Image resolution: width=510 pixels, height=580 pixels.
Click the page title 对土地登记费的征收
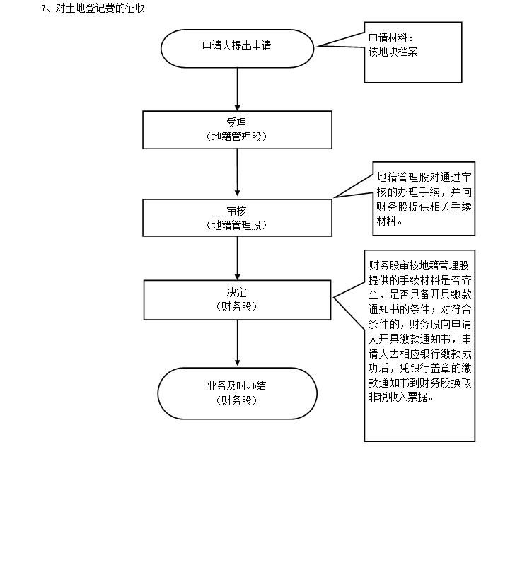tap(100, 9)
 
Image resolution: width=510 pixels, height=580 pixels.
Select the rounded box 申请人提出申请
tap(237, 47)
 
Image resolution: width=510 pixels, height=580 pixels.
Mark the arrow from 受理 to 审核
tap(237, 174)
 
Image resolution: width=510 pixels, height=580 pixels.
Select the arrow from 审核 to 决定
tap(237, 258)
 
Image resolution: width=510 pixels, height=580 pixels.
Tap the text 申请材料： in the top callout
tap(390, 37)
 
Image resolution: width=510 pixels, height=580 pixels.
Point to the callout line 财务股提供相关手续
tap(424, 207)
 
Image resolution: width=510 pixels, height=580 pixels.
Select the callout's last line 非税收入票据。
tap(400, 397)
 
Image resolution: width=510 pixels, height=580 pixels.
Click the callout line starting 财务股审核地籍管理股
tap(419, 266)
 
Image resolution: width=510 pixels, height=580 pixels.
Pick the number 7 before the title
tap(44, 9)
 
